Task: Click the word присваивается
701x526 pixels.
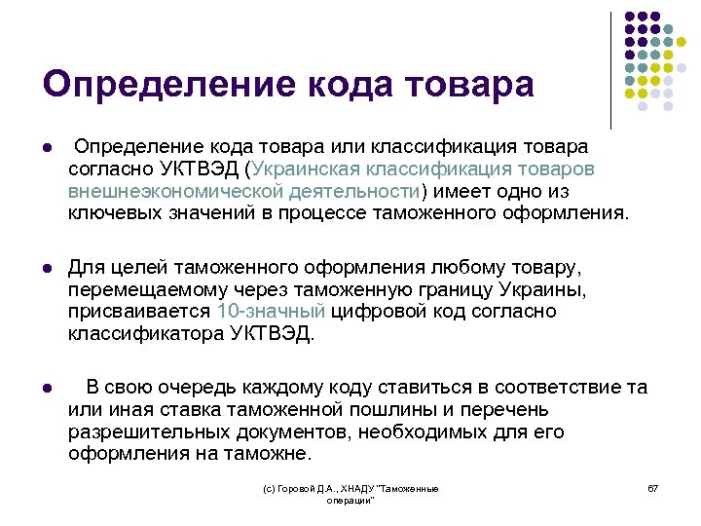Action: [139, 312]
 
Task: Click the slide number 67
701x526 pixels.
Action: [653, 488]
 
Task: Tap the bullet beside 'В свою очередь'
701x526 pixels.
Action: [47, 389]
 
